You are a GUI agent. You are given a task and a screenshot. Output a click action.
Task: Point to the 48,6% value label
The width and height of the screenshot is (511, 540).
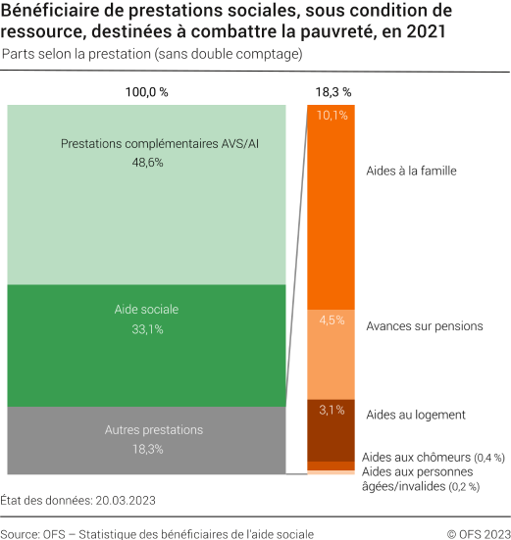[x=147, y=163]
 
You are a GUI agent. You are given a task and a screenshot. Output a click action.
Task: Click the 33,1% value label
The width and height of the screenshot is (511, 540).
[x=147, y=329]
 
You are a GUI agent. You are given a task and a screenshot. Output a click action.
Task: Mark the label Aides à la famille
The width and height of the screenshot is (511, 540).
[x=411, y=171]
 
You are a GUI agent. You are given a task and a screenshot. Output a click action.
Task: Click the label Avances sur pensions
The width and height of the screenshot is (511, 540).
[x=424, y=325]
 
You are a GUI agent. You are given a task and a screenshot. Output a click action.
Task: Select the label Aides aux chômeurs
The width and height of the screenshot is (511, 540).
[x=416, y=458]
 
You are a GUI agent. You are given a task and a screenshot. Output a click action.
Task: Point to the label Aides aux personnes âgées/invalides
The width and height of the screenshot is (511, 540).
[x=417, y=479]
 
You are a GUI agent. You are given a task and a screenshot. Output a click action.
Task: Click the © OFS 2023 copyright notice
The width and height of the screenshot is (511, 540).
[x=478, y=533]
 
